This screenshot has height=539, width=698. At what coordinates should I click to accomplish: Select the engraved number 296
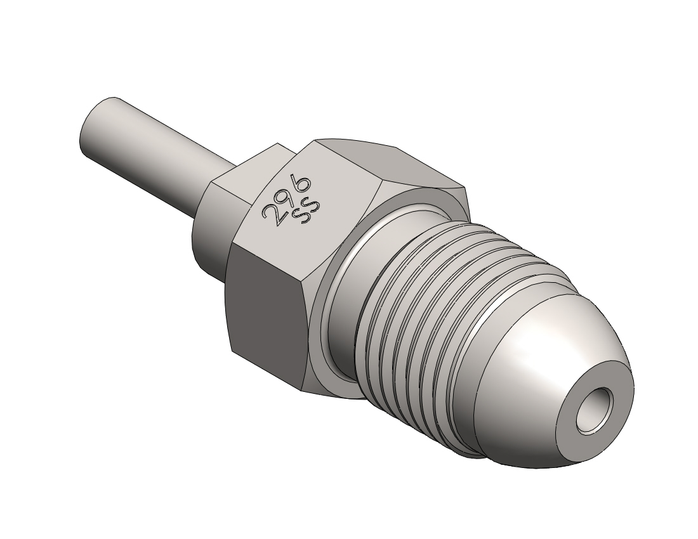pyautogui.click(x=286, y=199)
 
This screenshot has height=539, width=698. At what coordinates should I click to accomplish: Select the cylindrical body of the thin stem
pyautogui.click(x=156, y=151)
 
